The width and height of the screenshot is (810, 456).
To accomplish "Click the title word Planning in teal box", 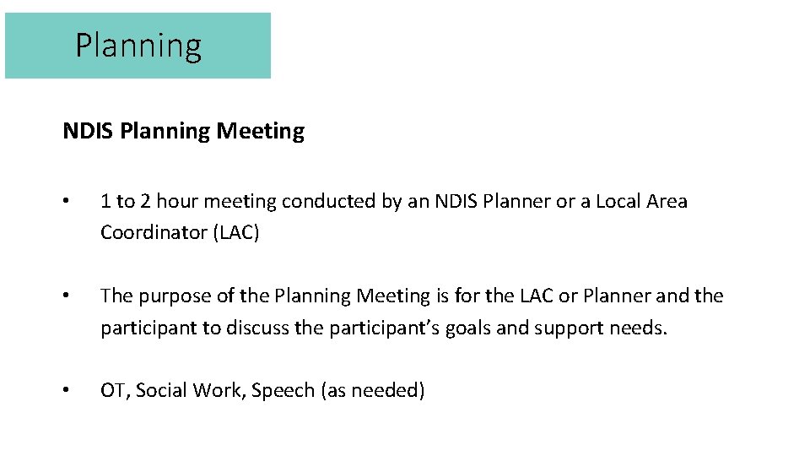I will click(138, 46).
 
